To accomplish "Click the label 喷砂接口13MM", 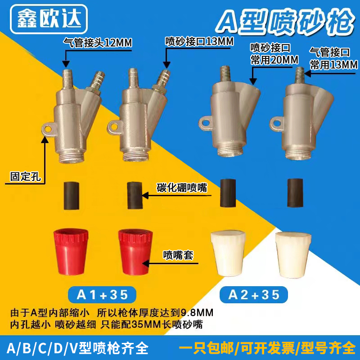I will (x=199, y=42).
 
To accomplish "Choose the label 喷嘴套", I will (x=178, y=255).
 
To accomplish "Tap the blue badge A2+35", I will (x=254, y=295).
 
